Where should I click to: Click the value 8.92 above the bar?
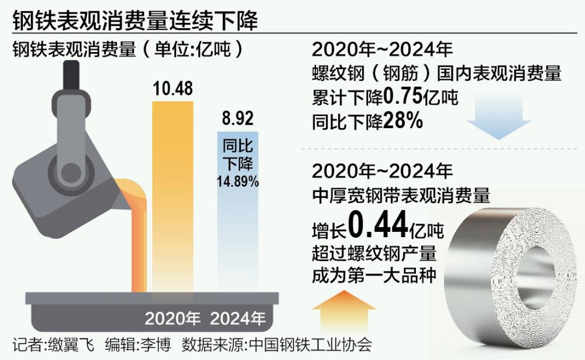tap(237, 119)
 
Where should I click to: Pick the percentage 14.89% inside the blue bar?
tap(237, 182)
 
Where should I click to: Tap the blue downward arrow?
tap(498, 120)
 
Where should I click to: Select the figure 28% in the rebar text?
tap(403, 121)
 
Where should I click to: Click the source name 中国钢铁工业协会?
tap(310, 344)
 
